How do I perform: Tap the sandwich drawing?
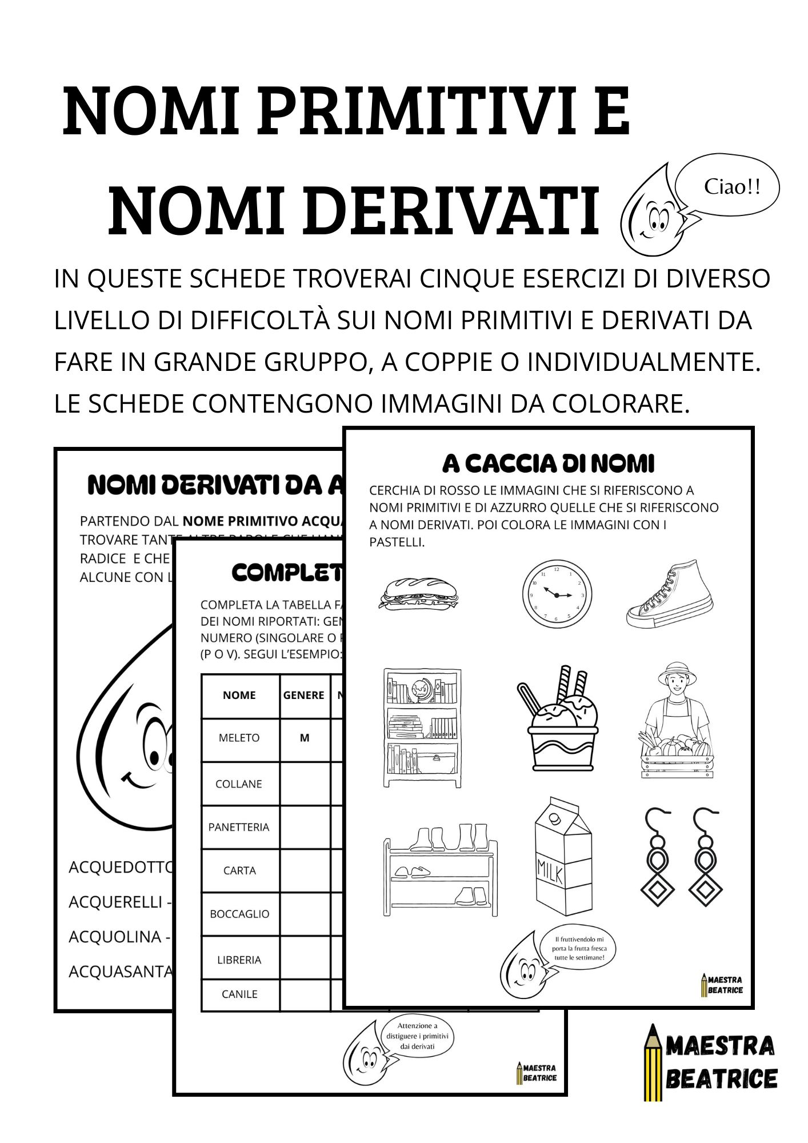pyautogui.click(x=418, y=593)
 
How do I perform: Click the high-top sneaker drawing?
pyautogui.click(x=670, y=594)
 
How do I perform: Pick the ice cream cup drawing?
pyautogui.click(x=558, y=722)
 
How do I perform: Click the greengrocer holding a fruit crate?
pyautogui.click(x=677, y=721)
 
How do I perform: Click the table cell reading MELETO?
pyautogui.click(x=239, y=738)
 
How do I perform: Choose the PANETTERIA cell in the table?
pyautogui.click(x=239, y=827)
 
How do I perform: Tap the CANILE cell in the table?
pyautogui.click(x=239, y=994)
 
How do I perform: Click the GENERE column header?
pyautogui.click(x=303, y=695)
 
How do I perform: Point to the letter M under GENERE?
pyautogui.click(x=305, y=738)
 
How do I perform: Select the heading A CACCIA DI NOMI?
pyautogui.click(x=548, y=463)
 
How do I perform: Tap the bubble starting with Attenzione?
pyautogui.click(x=417, y=1036)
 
